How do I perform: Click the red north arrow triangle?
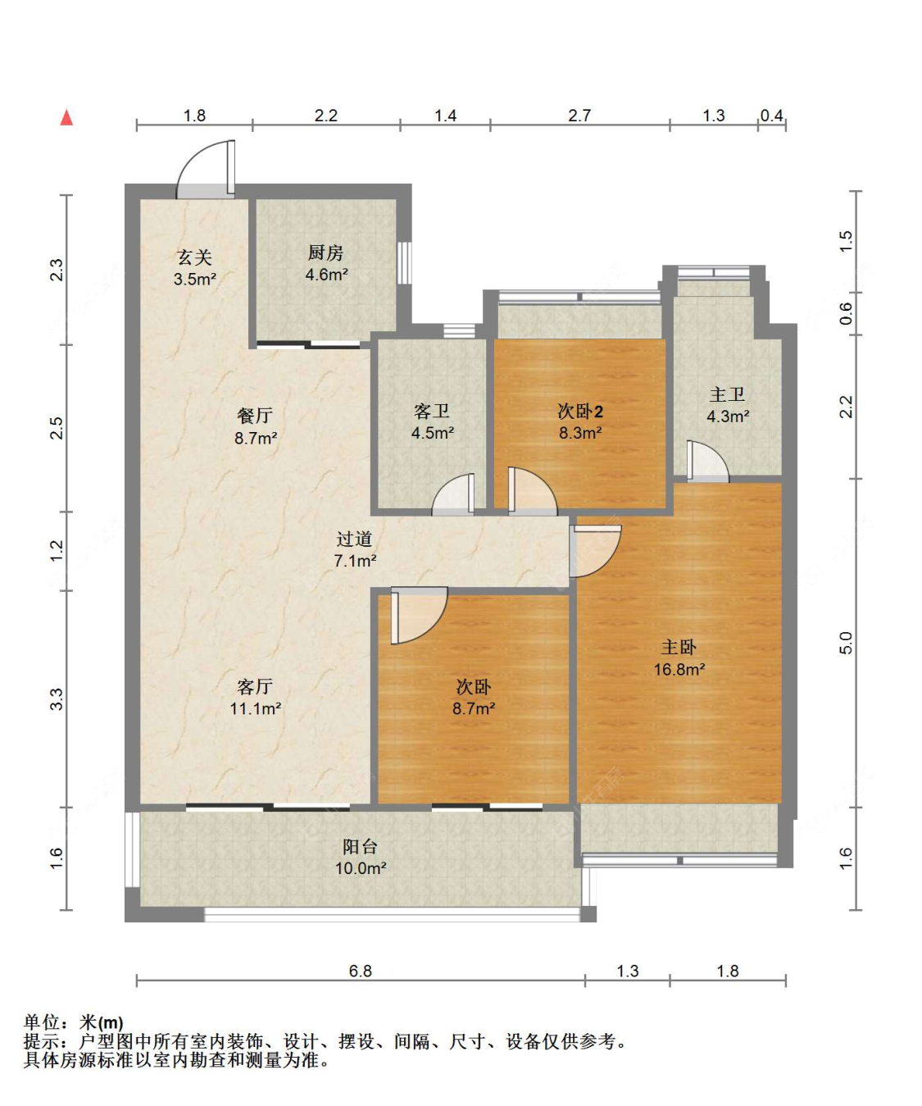[x=66, y=117]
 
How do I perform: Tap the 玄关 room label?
[x=194, y=257]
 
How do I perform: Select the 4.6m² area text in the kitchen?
[x=326, y=275]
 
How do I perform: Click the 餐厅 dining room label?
[x=255, y=416]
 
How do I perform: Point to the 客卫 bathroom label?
[x=432, y=411]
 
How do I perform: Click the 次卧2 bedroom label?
[x=580, y=411]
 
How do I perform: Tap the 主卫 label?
[x=727, y=394]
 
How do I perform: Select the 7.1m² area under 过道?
[x=355, y=561]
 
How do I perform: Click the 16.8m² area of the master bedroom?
[x=679, y=670]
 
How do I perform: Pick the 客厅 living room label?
[x=255, y=686]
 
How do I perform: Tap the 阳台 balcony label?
[x=360, y=846]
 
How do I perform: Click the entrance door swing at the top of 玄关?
[x=206, y=169]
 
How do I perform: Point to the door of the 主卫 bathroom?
[x=707, y=461]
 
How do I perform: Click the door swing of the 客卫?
[x=452, y=494]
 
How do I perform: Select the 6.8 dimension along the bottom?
[x=360, y=971]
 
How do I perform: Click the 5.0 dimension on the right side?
[x=847, y=643]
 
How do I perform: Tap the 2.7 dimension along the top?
[x=579, y=116]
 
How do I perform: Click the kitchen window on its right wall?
[x=405, y=262]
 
